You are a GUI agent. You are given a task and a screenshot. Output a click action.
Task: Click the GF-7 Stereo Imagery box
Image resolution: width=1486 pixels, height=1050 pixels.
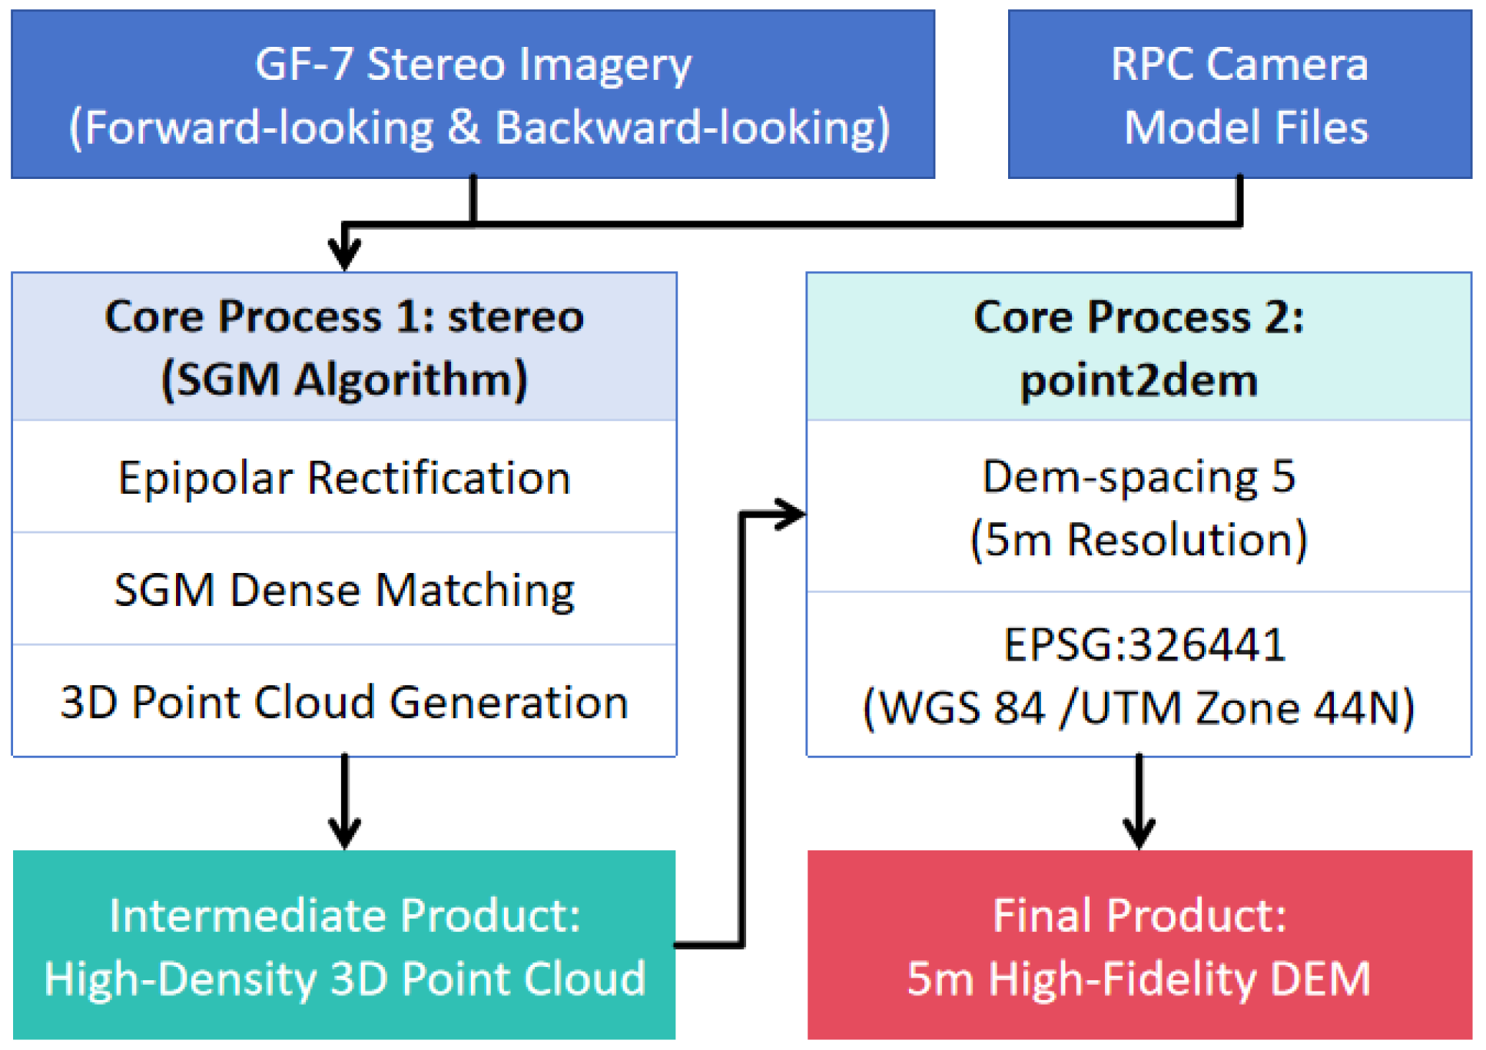click(473, 94)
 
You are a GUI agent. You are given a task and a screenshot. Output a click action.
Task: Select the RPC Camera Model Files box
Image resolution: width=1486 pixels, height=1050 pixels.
click(1239, 94)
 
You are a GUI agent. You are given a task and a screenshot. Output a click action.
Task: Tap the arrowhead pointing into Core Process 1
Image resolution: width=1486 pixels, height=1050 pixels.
click(344, 254)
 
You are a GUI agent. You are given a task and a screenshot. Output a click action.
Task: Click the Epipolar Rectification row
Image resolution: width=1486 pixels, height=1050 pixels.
click(344, 478)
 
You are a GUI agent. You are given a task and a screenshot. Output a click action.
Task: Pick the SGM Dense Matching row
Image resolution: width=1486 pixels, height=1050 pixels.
click(344, 590)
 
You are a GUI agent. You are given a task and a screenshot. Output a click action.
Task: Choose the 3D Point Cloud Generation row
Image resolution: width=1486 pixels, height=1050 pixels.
click(344, 702)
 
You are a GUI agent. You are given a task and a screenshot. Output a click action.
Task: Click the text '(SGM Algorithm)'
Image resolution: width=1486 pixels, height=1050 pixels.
click(344, 379)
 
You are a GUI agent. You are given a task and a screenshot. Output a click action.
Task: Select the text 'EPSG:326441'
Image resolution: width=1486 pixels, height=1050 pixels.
click(1144, 644)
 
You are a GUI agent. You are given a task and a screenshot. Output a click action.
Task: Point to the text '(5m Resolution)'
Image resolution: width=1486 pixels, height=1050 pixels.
click(1139, 539)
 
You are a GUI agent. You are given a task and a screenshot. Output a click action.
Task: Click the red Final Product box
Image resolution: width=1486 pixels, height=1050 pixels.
click(1139, 945)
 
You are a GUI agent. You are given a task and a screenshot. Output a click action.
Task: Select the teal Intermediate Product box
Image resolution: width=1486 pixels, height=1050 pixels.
click(344, 945)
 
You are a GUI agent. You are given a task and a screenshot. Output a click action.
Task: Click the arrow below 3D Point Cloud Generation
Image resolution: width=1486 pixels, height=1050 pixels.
click(344, 803)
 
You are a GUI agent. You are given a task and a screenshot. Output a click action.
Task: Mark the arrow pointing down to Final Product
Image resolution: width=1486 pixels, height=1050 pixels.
click(1139, 803)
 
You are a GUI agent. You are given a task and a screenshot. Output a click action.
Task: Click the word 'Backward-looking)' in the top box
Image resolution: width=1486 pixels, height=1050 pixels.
click(692, 128)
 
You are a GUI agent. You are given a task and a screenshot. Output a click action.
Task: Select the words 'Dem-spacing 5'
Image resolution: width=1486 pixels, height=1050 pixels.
click(1139, 477)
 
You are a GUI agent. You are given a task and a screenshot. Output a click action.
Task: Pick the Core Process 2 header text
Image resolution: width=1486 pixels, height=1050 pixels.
click(1139, 316)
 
